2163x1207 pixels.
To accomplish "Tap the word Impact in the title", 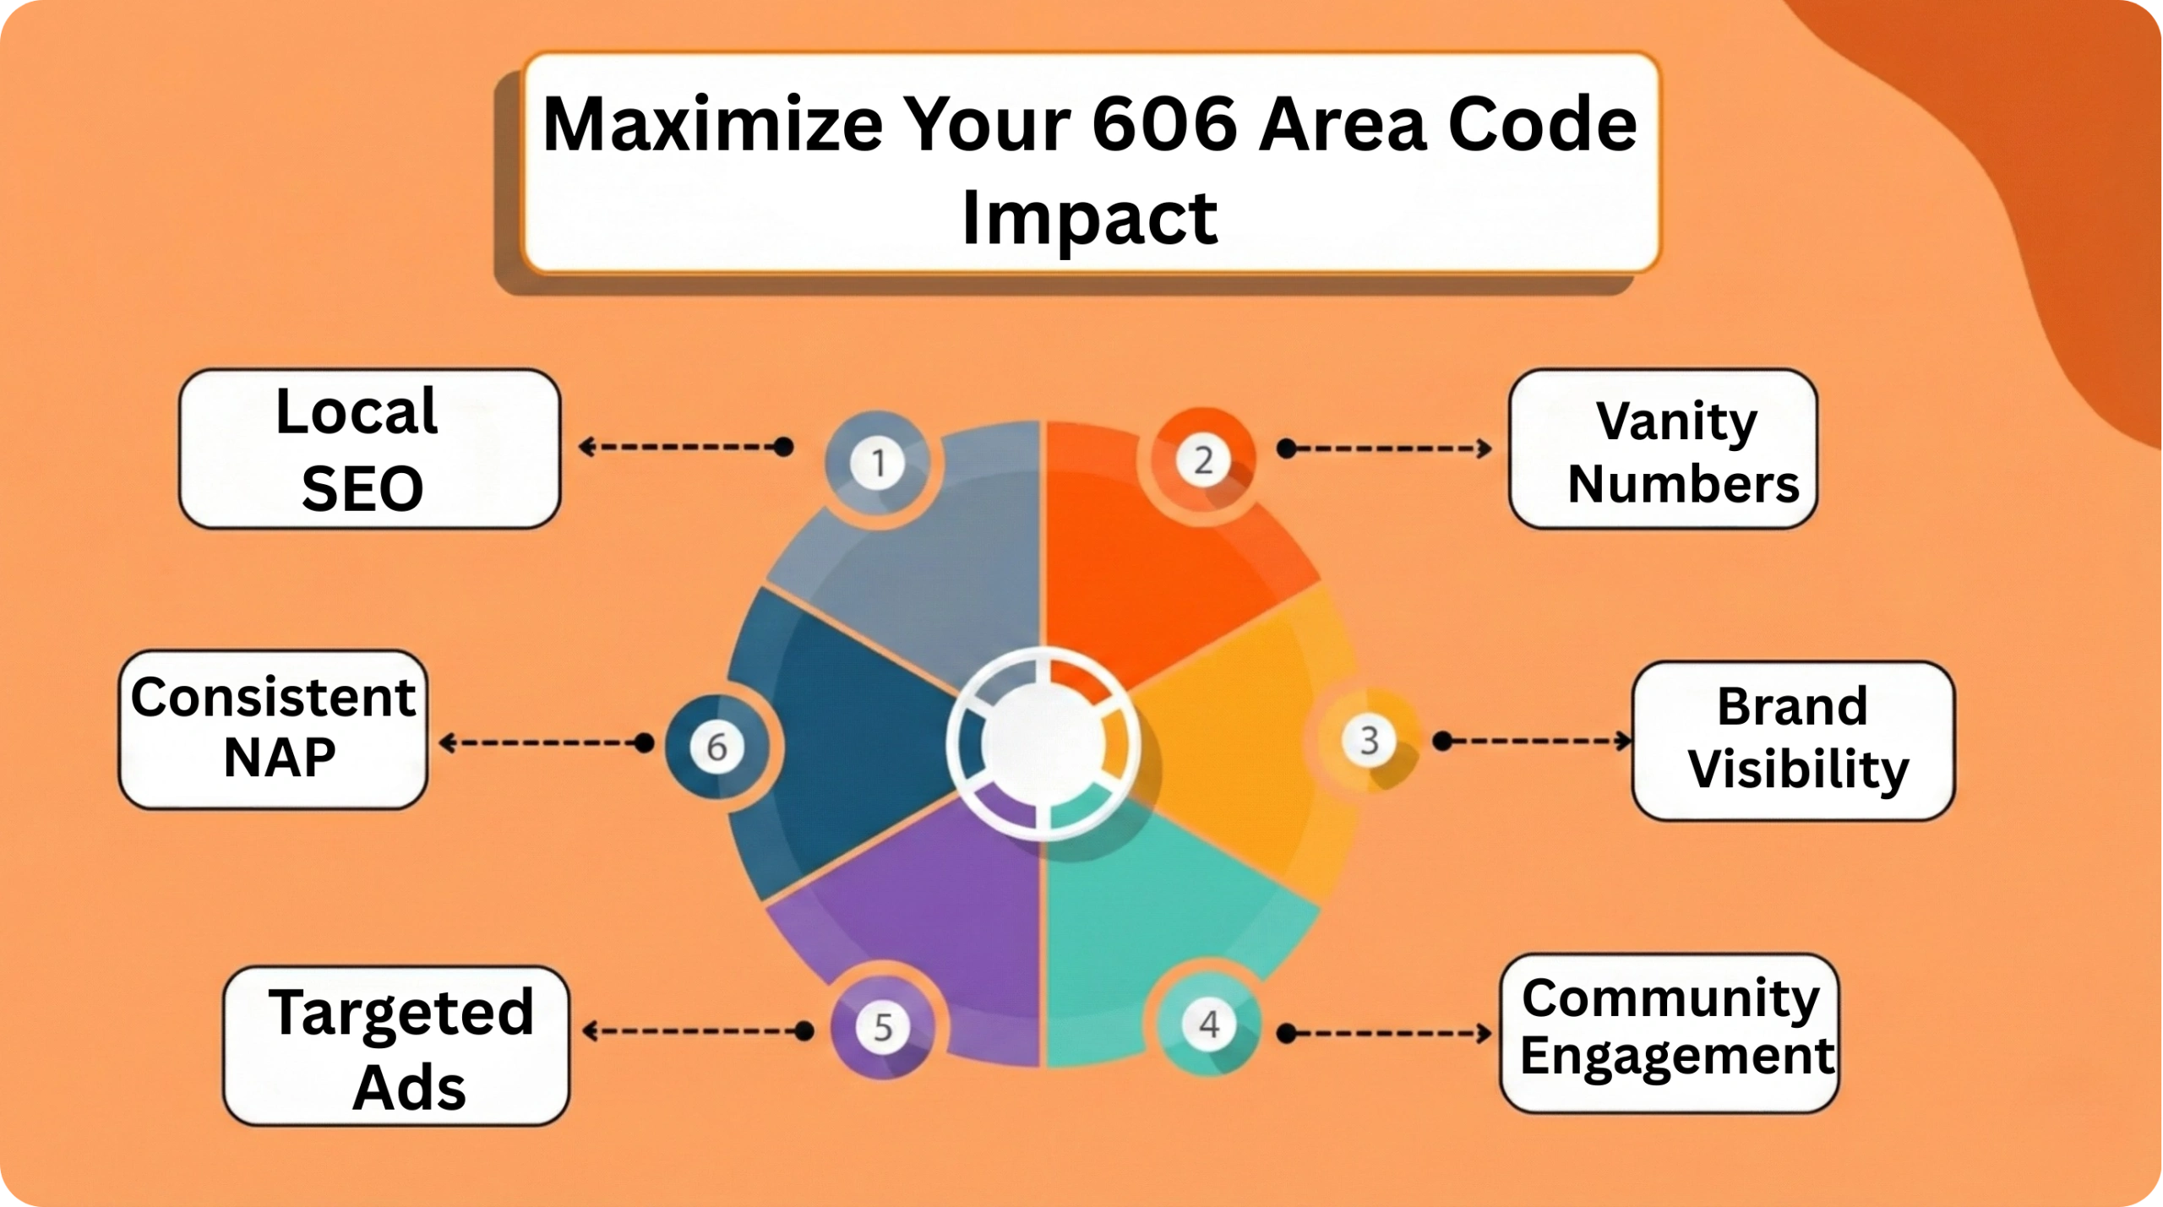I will point(1090,218).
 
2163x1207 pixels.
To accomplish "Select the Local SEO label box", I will point(369,449).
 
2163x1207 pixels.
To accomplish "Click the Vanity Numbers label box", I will point(1662,449).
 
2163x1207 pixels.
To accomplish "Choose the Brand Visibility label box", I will point(1793,740).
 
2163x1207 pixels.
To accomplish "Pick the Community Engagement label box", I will point(1669,1032).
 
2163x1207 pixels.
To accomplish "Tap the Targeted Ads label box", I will point(396,1046).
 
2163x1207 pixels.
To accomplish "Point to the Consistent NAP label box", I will point(273,729).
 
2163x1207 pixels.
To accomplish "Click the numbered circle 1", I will point(879,463).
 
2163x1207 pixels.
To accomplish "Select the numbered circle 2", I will point(1203,460).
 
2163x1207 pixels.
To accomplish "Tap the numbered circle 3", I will point(1369,741).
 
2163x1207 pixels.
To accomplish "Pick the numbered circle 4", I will point(1209,1025).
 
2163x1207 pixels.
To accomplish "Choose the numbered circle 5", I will point(882,1028).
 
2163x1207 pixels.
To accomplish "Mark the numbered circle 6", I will point(716,747).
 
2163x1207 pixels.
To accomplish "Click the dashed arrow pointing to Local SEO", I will point(685,446).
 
